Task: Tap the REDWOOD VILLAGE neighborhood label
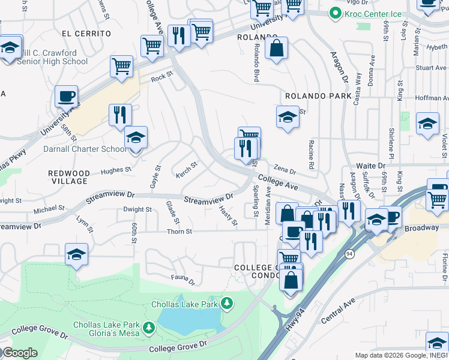click(x=68, y=177)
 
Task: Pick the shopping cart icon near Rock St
click(x=122, y=67)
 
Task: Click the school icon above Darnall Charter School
click(x=136, y=138)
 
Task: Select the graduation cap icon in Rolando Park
click(x=288, y=118)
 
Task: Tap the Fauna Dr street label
click(x=183, y=278)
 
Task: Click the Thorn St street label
click(x=179, y=231)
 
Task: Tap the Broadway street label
click(x=422, y=228)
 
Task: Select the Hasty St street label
click(x=228, y=217)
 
